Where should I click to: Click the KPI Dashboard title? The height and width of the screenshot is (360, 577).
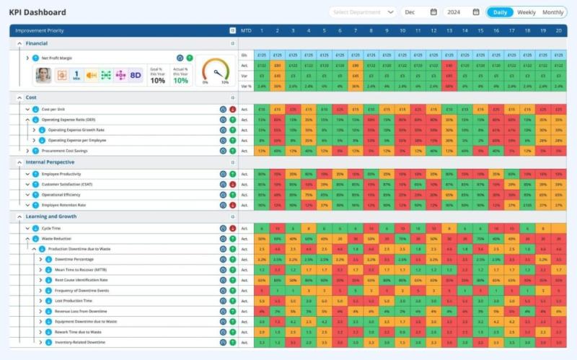point(37,12)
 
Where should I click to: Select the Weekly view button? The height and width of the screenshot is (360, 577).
point(527,12)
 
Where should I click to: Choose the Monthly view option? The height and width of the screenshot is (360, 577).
point(553,12)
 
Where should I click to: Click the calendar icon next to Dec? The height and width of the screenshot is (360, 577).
point(433,12)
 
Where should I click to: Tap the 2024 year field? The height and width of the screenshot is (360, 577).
point(454,12)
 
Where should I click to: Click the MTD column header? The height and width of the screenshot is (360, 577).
point(246,30)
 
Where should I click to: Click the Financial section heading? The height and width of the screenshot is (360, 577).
point(37,43)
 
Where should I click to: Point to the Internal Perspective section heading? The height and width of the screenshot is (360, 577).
point(50,162)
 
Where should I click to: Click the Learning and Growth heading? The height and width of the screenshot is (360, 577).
point(50,216)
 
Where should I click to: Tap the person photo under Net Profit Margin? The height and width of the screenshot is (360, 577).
point(44,74)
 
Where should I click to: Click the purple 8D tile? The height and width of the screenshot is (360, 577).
point(135,74)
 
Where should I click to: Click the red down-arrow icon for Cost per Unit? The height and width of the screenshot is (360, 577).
point(232,109)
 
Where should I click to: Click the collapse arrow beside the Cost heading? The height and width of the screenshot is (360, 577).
point(19,97)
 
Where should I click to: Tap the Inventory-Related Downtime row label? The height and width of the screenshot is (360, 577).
point(80,343)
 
